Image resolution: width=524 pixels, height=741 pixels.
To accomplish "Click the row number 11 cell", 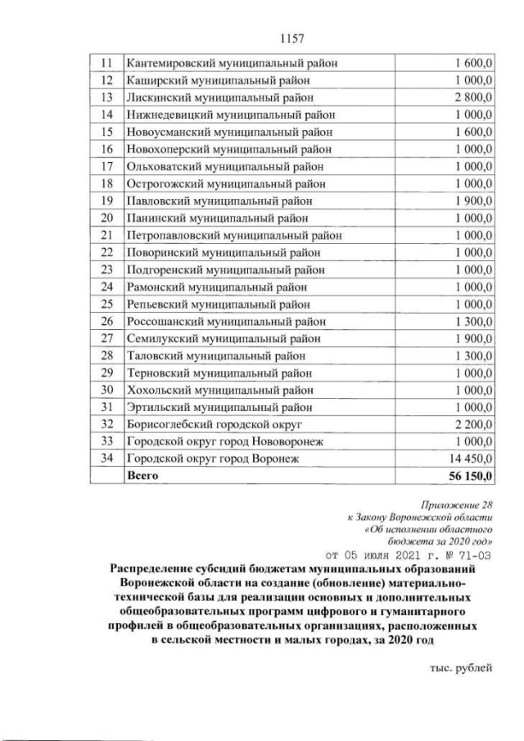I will pyautogui.click(x=104, y=62).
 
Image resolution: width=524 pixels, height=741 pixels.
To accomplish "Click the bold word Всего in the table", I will pyautogui.click(x=142, y=475).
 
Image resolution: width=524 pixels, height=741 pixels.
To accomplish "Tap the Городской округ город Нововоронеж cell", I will pyautogui.click(x=226, y=441).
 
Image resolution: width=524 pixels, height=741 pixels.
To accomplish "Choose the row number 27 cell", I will pyautogui.click(x=104, y=338).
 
